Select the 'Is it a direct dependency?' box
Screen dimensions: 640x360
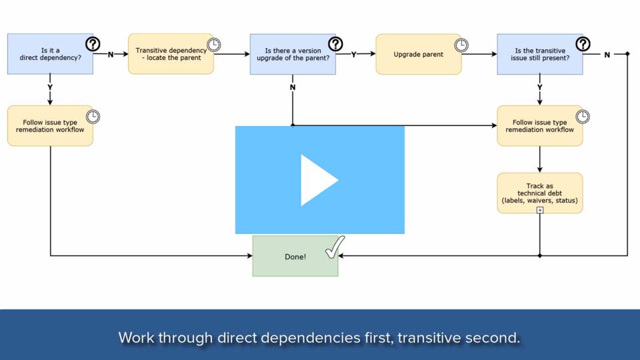(50, 54)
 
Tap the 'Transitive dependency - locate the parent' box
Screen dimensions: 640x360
(171, 54)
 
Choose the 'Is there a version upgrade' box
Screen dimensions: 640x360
(293, 54)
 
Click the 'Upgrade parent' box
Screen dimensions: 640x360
(419, 54)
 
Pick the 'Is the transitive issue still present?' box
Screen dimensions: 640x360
(539, 54)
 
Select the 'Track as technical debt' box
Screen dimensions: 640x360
(539, 193)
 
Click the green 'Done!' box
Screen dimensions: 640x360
(295, 256)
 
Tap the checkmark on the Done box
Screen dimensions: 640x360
(335, 247)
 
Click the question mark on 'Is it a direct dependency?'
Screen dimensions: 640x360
(93, 44)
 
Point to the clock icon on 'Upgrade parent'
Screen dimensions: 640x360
(461, 45)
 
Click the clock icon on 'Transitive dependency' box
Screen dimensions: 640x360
(214, 45)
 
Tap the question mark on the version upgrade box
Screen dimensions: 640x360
(335, 44)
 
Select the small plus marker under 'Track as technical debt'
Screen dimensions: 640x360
(539, 210)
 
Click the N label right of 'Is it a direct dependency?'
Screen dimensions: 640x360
(110, 54)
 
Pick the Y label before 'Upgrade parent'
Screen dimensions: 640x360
(353, 54)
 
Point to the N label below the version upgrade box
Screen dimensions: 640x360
(293, 87)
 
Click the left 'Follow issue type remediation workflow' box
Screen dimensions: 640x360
(50, 126)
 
